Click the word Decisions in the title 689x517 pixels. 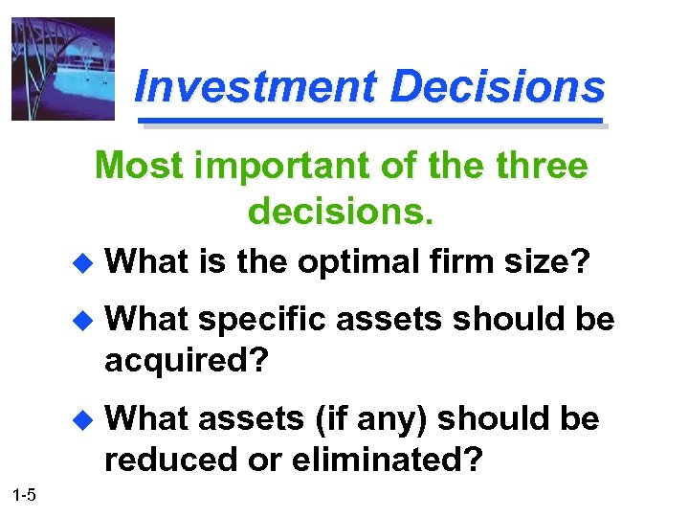click(x=498, y=87)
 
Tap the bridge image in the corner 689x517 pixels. click(x=63, y=69)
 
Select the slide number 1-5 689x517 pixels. click(x=25, y=494)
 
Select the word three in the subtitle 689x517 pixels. click(x=541, y=167)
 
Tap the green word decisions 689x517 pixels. click(x=342, y=211)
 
